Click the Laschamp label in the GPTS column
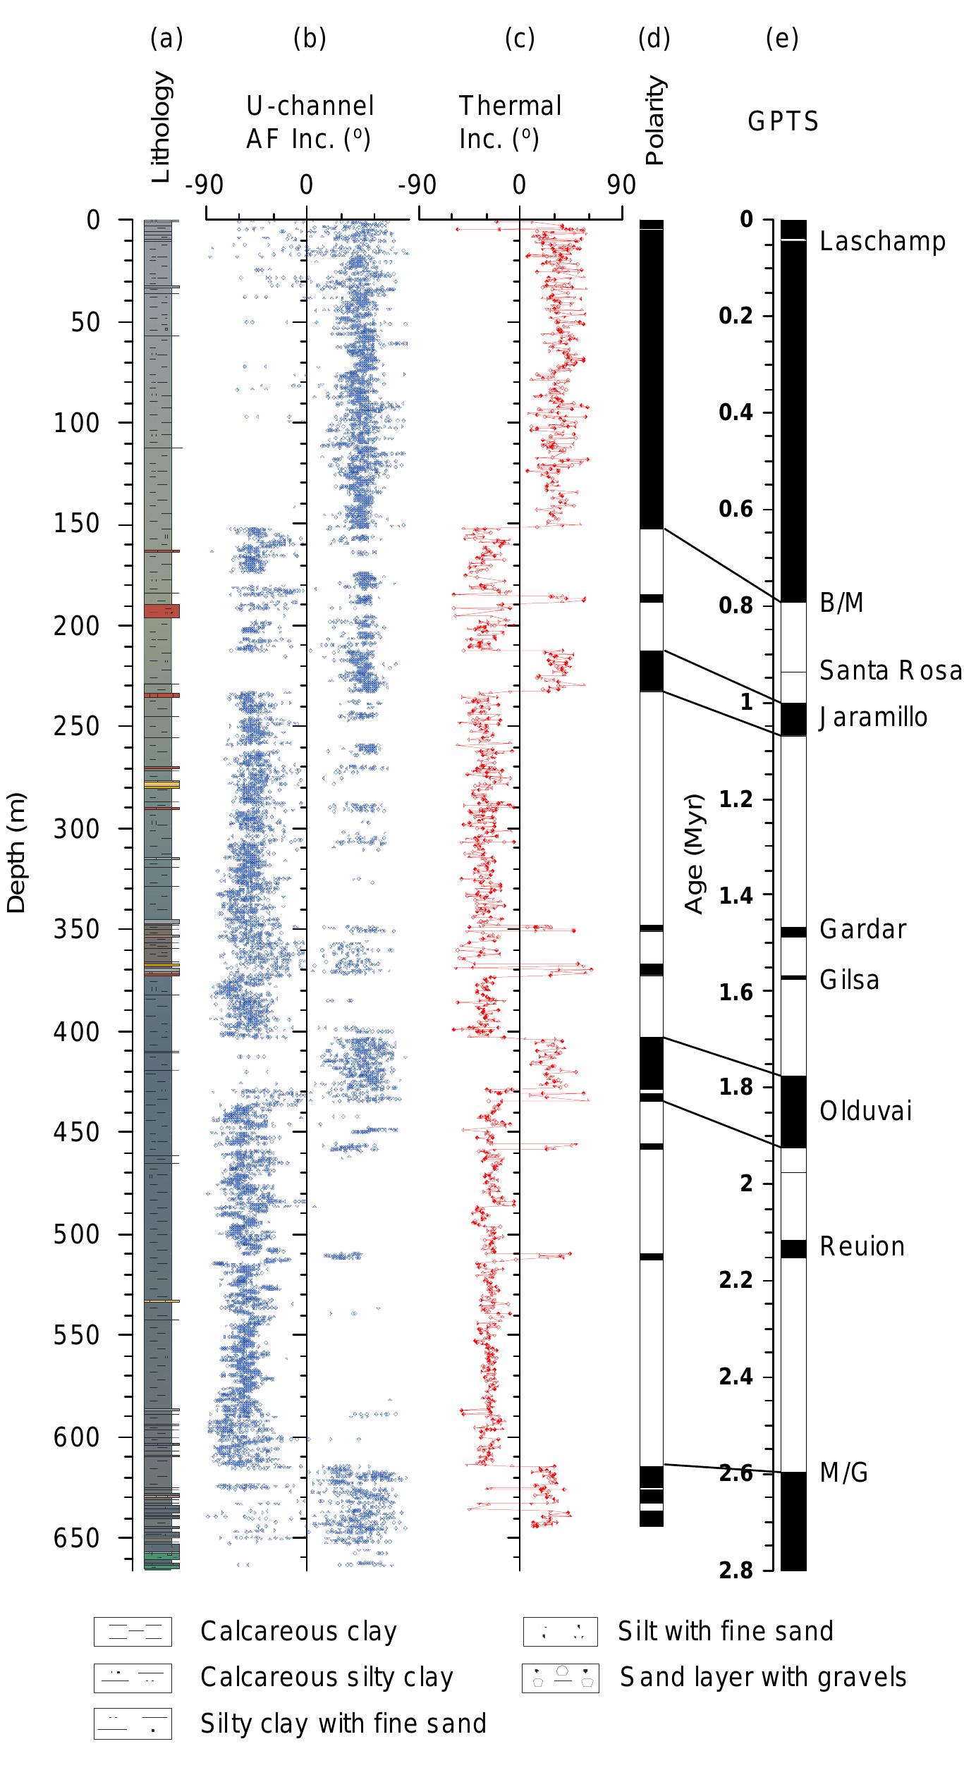point(882,242)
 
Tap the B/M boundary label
point(841,603)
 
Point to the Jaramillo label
point(874,718)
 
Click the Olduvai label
point(866,1112)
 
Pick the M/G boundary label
point(843,1473)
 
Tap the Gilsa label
point(849,981)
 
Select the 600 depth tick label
point(77,1437)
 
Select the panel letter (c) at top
point(520,39)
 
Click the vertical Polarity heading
point(655,121)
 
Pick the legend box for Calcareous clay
point(133,1631)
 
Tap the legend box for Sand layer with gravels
point(560,1678)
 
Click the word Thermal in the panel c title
point(510,106)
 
